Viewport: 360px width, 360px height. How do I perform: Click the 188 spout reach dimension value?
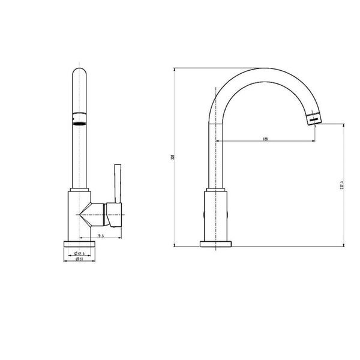[x=265, y=139]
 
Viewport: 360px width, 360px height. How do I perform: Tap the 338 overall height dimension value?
[x=172, y=158]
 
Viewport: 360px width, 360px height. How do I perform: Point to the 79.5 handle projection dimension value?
[x=100, y=236]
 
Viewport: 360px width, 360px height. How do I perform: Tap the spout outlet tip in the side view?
[x=313, y=118]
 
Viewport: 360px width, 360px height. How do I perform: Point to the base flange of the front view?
[x=79, y=244]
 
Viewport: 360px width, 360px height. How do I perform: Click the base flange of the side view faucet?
[x=216, y=244]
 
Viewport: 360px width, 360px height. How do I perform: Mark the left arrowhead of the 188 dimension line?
[x=217, y=142]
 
